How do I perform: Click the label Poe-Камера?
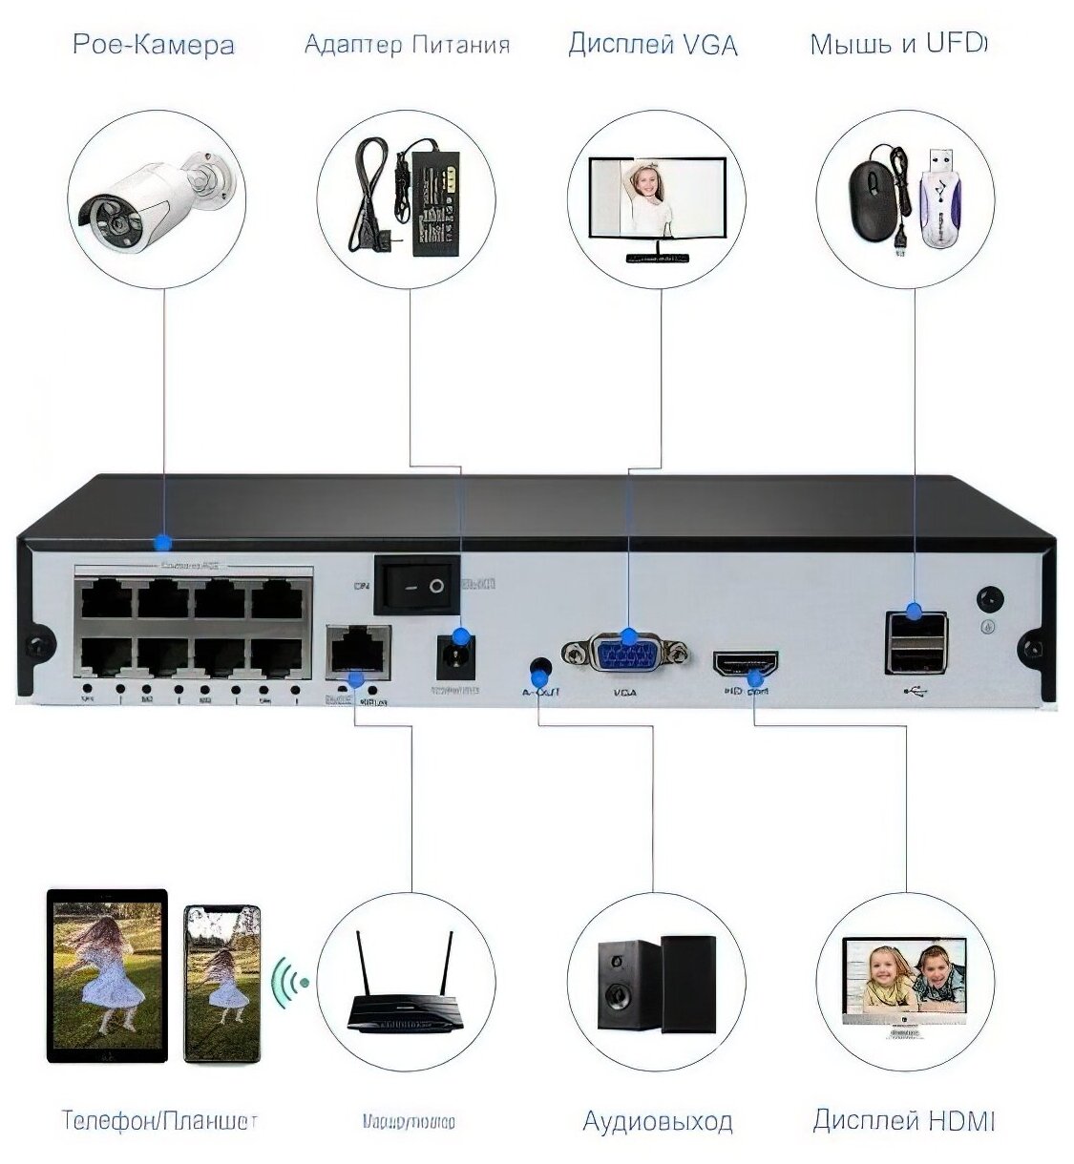coord(154,45)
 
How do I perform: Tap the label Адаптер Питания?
coord(407,45)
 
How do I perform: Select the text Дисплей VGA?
coord(653,45)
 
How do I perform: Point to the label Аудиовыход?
coord(658,1121)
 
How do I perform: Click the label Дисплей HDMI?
coord(903,1120)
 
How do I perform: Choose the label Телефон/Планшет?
coord(159,1120)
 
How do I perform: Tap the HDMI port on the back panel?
coord(746,663)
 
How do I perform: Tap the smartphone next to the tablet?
coord(221,986)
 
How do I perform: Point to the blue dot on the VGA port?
coord(628,636)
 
